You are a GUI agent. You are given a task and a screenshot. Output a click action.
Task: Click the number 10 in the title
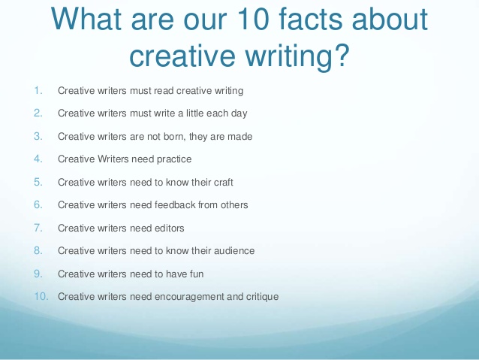(x=253, y=19)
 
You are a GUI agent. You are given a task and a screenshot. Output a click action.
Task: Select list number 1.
(x=38, y=91)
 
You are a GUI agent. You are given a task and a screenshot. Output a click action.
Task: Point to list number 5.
(x=38, y=183)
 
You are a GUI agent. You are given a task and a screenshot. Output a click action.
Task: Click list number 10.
(x=41, y=296)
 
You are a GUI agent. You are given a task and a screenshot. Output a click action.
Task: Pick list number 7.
(x=38, y=228)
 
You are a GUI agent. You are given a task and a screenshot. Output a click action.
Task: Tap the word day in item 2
(x=239, y=113)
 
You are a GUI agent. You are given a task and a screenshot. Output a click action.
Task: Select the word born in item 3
(x=174, y=137)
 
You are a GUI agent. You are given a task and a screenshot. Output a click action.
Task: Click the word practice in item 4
(x=174, y=159)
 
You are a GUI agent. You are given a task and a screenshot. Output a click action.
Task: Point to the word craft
(x=224, y=183)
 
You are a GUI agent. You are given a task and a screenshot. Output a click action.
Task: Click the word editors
(x=170, y=228)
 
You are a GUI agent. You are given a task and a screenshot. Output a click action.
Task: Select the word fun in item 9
(x=197, y=274)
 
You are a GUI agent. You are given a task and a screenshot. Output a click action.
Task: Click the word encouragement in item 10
(x=189, y=297)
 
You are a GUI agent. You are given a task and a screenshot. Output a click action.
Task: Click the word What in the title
(x=86, y=19)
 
